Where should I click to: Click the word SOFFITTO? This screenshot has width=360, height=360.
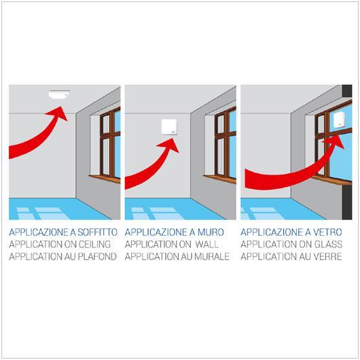coord(99,232)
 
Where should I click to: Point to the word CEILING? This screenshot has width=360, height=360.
coord(94,244)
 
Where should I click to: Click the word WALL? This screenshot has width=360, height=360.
coord(212,244)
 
